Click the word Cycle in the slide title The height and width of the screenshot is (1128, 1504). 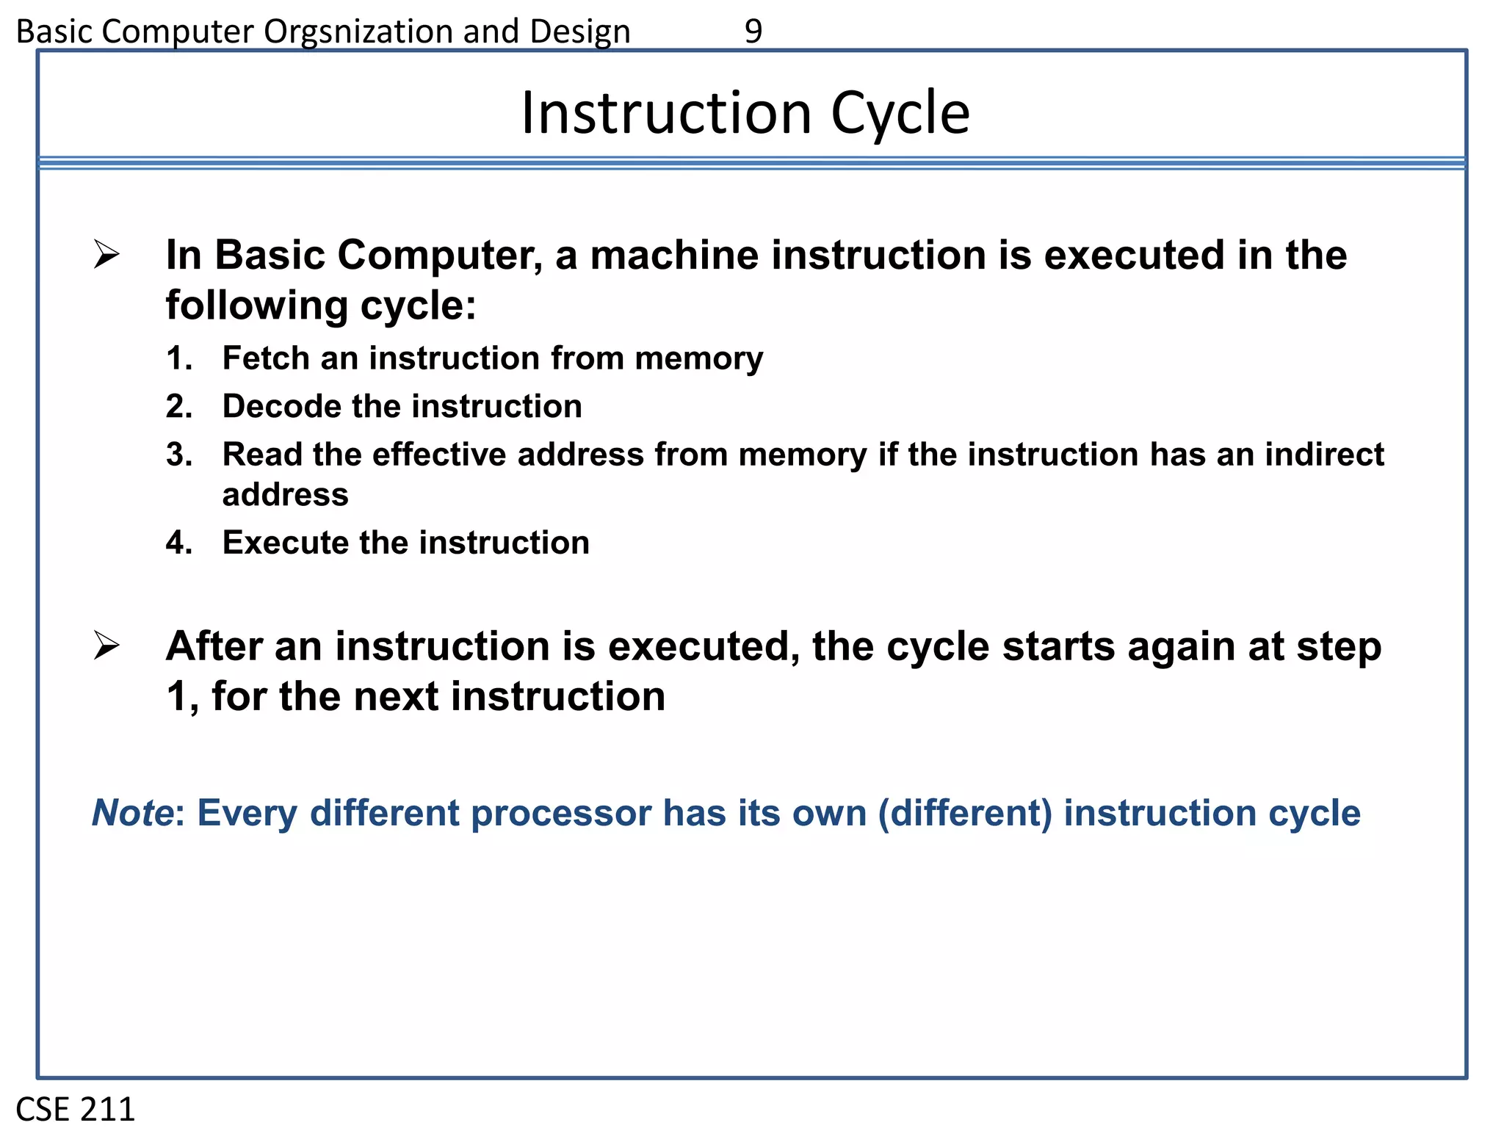900,114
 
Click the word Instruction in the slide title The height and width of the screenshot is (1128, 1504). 666,114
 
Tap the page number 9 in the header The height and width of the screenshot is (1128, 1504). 753,32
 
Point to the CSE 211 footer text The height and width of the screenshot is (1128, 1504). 76,1109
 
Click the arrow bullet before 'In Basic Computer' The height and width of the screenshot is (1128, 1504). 106,255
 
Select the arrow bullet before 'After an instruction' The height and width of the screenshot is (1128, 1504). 106,646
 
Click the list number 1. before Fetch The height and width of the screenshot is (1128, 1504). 179,358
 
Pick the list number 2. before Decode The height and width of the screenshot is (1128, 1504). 179,406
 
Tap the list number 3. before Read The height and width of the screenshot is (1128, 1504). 179,455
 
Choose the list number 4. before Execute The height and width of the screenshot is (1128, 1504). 179,543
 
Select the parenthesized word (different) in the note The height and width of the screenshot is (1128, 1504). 965,813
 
